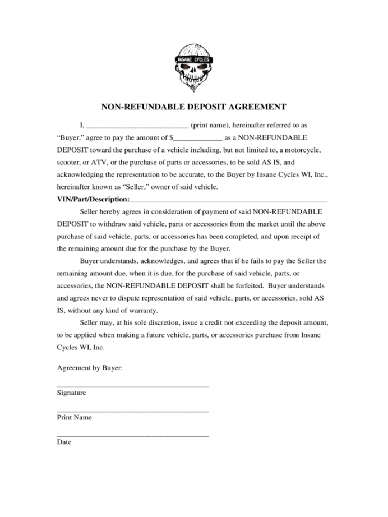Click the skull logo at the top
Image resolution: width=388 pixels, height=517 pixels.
click(x=193, y=66)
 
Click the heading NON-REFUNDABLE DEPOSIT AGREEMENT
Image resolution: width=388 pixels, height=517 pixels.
click(x=193, y=107)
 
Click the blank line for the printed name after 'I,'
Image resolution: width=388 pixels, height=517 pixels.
click(x=137, y=127)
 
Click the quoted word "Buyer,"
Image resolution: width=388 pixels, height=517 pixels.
click(x=70, y=137)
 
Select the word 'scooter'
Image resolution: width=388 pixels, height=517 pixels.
click(x=70, y=163)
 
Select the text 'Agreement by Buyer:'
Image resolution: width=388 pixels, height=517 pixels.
click(x=90, y=368)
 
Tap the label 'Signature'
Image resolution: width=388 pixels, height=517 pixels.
click(x=72, y=393)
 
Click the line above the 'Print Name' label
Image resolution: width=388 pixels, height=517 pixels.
click(x=133, y=411)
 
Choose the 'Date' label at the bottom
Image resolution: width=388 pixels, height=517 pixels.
click(x=64, y=442)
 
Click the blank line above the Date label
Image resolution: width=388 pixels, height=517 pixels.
click(x=133, y=436)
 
